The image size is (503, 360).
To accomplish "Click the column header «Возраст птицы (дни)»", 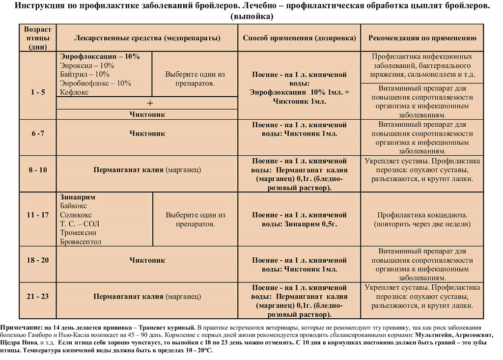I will (x=38, y=38).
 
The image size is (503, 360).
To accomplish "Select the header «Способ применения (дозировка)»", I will (x=299, y=38).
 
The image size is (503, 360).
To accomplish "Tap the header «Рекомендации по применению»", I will (x=422, y=38).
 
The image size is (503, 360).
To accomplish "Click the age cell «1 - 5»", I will (x=38, y=92).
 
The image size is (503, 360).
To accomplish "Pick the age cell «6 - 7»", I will (x=38, y=134).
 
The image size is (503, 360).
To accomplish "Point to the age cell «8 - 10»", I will (x=38, y=170).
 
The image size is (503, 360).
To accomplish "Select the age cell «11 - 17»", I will (x=38, y=215).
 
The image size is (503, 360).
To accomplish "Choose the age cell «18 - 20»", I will (x=38, y=260).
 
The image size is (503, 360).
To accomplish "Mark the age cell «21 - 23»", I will (x=38, y=297).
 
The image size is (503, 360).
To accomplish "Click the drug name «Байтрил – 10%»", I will (x=84, y=75).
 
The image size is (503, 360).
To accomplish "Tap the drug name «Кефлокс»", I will (x=74, y=92).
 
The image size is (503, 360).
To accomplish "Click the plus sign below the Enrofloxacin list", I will (x=150, y=103).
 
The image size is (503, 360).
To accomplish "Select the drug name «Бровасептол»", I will (x=81, y=242).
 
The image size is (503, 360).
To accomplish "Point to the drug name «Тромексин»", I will (x=78, y=233).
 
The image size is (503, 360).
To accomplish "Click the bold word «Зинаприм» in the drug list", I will (x=78, y=197).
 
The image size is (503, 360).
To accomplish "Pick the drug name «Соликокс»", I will (x=76, y=215).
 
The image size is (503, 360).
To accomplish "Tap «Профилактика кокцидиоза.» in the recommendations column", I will (x=422, y=215).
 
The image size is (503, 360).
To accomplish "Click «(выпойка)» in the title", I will (x=251, y=16).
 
